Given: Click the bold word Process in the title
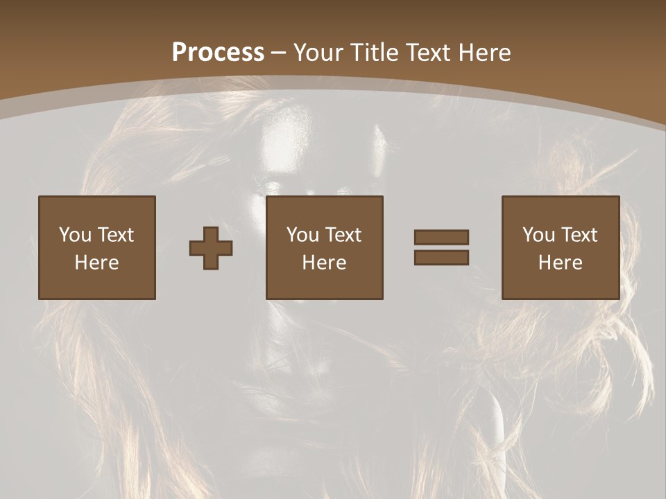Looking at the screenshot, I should point(218,52).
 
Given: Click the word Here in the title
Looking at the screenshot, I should point(486,52).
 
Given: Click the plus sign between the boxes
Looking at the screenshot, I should point(211,247).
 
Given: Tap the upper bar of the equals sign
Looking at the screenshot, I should point(441,237).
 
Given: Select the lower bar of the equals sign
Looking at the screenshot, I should point(441,257).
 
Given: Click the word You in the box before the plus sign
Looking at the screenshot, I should point(75,235).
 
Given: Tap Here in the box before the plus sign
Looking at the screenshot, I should point(97,263).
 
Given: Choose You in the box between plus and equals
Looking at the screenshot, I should point(302,235).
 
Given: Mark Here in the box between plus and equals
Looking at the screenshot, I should point(325,263).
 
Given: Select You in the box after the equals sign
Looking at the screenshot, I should point(538,235).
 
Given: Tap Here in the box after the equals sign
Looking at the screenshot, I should point(561,263).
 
